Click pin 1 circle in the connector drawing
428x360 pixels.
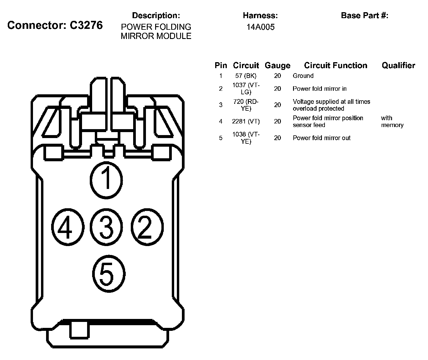tap(106, 180)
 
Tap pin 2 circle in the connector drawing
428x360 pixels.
tap(147, 227)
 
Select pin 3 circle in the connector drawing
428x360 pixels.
tap(106, 227)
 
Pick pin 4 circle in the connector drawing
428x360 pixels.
tap(68, 227)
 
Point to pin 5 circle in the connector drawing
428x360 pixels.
tap(109, 274)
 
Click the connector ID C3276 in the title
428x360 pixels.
tap(86, 25)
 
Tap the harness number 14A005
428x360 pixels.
tap(260, 27)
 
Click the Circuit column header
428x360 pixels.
tap(246, 65)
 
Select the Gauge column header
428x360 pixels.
tap(278, 65)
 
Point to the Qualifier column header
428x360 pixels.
tap(398, 65)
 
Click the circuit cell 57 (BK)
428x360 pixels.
tap(246, 76)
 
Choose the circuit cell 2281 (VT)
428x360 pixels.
tap(246, 121)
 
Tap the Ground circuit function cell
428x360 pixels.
tap(303, 76)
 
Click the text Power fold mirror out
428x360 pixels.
tap(322, 138)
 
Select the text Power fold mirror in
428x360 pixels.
tap(320, 89)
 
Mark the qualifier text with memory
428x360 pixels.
tap(392, 121)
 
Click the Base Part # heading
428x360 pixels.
tap(364, 15)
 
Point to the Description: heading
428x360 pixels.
tap(156, 15)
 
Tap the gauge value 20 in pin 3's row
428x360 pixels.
tap(278, 105)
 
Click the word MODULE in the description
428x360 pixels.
tap(174, 36)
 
